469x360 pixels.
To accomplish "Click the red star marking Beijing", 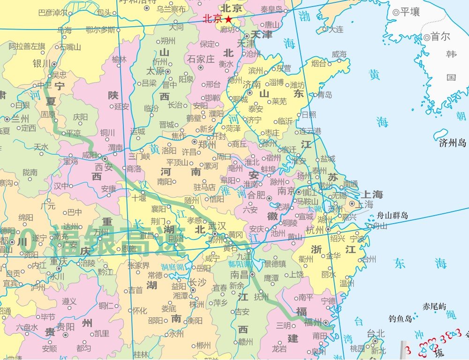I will click(x=228, y=19).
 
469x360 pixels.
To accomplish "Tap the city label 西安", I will click(x=105, y=166).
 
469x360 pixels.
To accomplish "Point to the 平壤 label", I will click(x=409, y=12).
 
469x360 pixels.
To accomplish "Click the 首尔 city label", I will click(x=440, y=37).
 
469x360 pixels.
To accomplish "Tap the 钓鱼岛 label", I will click(x=400, y=319).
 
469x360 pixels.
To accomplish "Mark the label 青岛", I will click(x=324, y=95).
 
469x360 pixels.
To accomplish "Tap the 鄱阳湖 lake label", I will click(x=240, y=264).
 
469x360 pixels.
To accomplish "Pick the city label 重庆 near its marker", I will click(x=60, y=261).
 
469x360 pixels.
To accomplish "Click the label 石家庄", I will click(x=201, y=59).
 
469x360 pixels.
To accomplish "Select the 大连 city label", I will click(x=336, y=29).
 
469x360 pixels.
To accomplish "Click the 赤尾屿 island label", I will click(x=434, y=307).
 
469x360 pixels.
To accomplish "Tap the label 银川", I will click(x=41, y=63).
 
